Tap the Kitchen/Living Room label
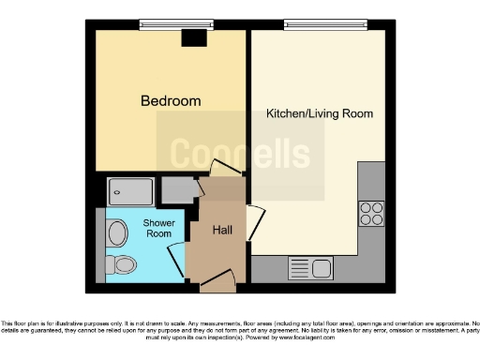point(320,113)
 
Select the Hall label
point(222,230)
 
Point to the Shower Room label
point(157,228)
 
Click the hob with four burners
point(371,214)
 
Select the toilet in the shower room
point(121,263)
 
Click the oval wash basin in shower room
point(118,231)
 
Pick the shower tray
point(130,191)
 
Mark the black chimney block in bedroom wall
point(194,37)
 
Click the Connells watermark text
point(239,153)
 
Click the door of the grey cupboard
point(198,189)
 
